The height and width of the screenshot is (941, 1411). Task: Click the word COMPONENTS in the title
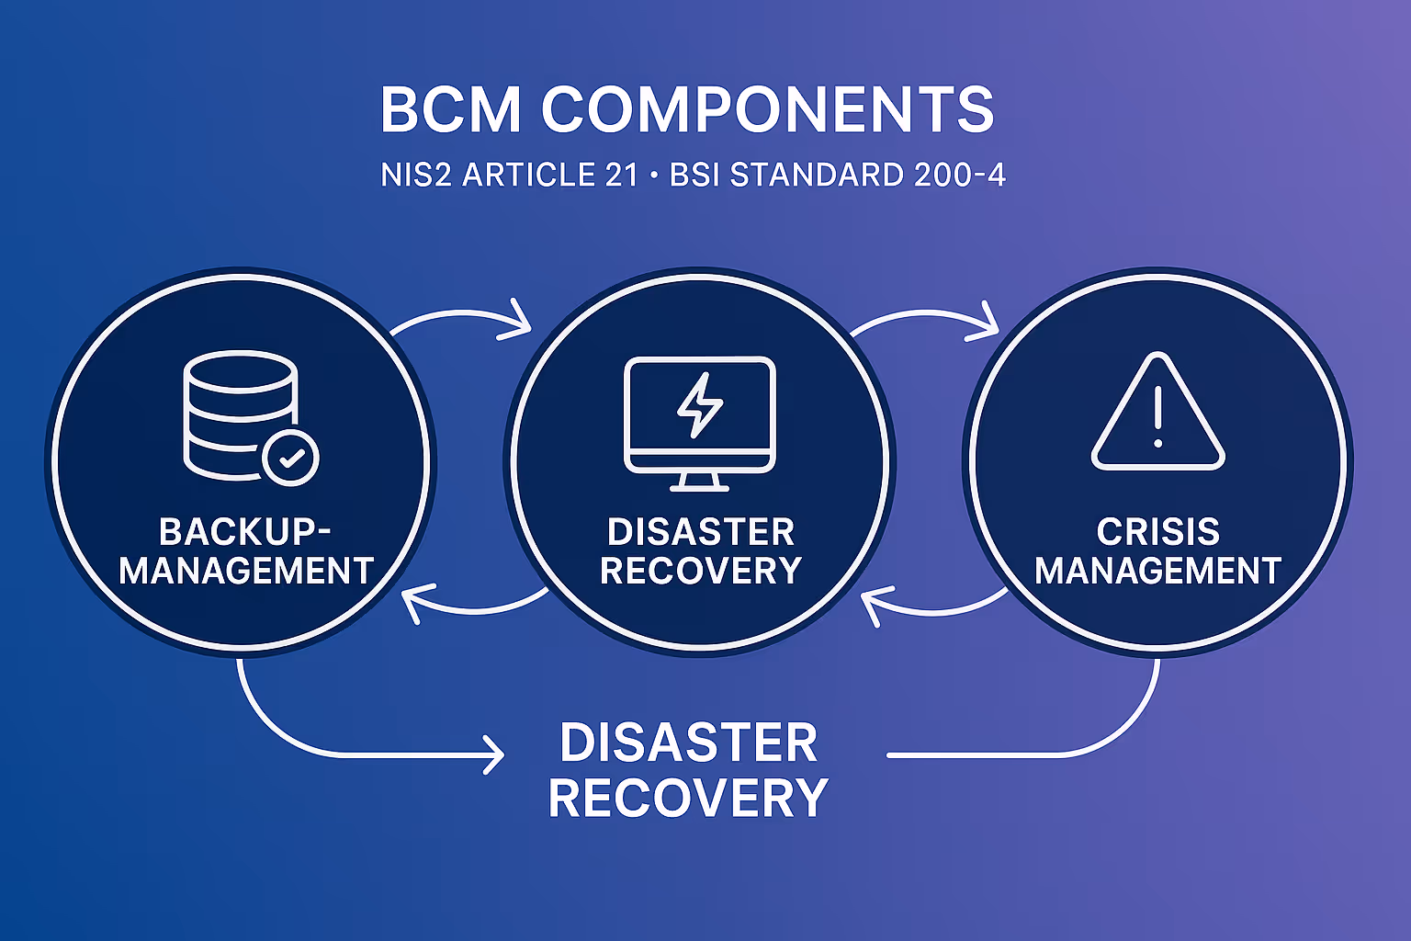(x=768, y=109)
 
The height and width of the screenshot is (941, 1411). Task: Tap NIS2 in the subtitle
(x=416, y=175)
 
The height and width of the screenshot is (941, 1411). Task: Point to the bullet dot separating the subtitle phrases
(x=653, y=175)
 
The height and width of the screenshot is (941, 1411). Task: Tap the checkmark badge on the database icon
(x=290, y=457)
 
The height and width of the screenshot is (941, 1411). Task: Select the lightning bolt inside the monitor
(x=700, y=405)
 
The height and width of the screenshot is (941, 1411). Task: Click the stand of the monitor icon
(x=700, y=481)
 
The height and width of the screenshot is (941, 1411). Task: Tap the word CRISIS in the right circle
(x=1158, y=532)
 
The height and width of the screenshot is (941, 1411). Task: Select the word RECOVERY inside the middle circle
(x=701, y=571)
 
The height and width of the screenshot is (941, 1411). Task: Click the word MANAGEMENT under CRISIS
(x=1158, y=571)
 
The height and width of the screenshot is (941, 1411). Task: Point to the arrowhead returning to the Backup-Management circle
(x=412, y=603)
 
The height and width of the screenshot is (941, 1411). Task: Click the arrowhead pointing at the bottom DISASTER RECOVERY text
(x=495, y=755)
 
